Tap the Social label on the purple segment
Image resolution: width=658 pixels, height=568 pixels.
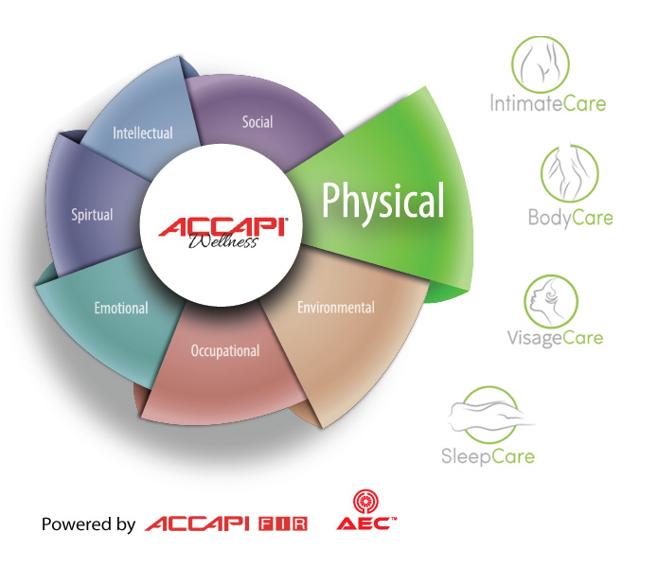pos(258,122)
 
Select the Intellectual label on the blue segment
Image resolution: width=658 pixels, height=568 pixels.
pos(143,133)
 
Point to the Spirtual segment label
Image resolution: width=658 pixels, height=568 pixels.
pos(92,215)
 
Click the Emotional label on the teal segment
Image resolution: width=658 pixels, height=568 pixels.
pos(121,308)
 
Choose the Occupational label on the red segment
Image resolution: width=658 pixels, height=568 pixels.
pos(225,351)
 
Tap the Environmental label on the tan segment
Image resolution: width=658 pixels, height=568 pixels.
pos(336,308)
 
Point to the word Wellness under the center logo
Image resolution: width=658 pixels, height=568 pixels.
pos(222,241)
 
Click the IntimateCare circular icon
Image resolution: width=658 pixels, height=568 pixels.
pos(540,64)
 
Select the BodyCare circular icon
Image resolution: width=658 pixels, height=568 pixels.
pos(569,173)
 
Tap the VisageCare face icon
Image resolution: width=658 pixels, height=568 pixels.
pos(551,302)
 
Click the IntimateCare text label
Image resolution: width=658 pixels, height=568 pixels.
pos(548,103)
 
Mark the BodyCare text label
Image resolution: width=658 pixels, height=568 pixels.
pos(571,218)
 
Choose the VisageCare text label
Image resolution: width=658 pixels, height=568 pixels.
pos(555,338)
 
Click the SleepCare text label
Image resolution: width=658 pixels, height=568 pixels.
pos(488,456)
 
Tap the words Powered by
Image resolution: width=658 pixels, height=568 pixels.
pos(89,524)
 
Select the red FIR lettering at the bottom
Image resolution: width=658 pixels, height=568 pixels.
pos(283,524)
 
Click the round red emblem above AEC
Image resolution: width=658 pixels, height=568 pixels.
pos(366,502)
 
